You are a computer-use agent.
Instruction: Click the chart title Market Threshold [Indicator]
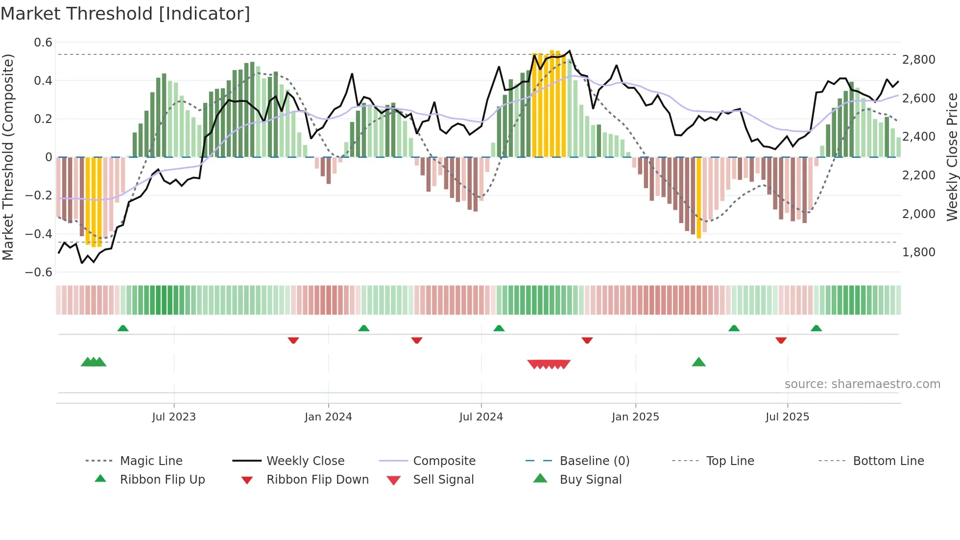pyautogui.click(x=125, y=14)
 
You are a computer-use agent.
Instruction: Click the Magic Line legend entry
pyautogui.click(x=151, y=461)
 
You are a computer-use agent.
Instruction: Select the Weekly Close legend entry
pyautogui.click(x=305, y=461)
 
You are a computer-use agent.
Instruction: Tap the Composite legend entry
pyautogui.click(x=444, y=461)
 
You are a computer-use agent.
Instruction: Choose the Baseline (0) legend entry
pyautogui.click(x=594, y=461)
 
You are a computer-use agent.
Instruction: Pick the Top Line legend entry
pyautogui.click(x=730, y=461)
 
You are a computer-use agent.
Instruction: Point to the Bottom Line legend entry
pyautogui.click(x=888, y=461)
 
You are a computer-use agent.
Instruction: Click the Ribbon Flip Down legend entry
pyautogui.click(x=317, y=479)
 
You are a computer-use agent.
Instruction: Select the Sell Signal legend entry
pyautogui.click(x=443, y=479)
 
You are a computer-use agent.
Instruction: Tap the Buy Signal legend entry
pyautogui.click(x=590, y=479)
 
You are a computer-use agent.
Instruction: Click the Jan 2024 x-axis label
pyautogui.click(x=328, y=417)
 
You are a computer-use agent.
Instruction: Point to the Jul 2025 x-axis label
pyautogui.click(x=787, y=417)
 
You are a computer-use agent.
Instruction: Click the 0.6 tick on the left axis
pyautogui.click(x=43, y=43)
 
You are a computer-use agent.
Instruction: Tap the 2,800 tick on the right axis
pyautogui.click(x=918, y=59)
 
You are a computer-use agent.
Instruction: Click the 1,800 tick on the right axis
pyautogui.click(x=918, y=252)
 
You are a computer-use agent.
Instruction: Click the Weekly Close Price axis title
pyautogui.click(x=952, y=157)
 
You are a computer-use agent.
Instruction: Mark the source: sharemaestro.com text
pyautogui.click(x=862, y=384)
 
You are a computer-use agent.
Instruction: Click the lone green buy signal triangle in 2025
pyautogui.click(x=698, y=362)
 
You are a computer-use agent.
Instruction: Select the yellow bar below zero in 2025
pyautogui.click(x=699, y=198)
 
